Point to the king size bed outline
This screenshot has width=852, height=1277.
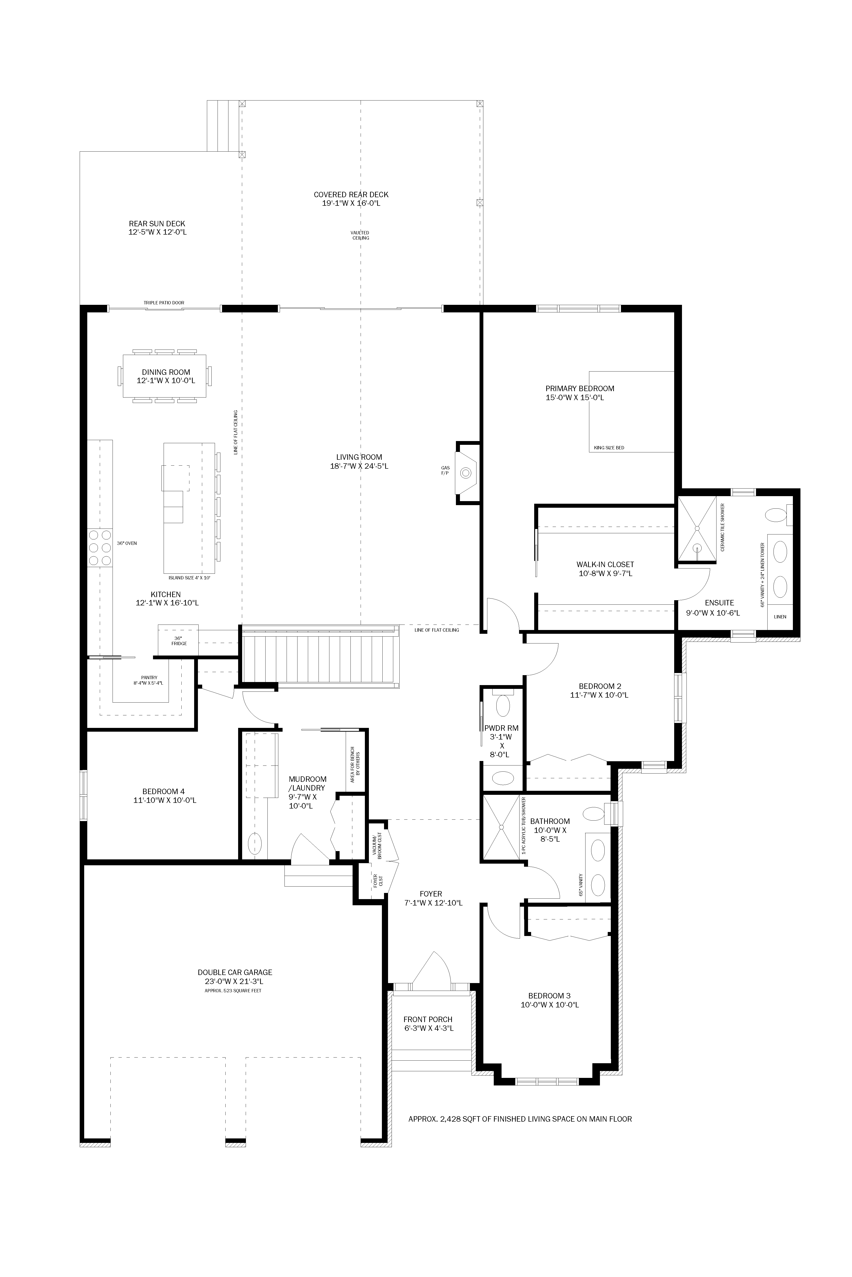click(631, 411)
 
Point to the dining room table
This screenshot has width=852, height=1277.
click(165, 376)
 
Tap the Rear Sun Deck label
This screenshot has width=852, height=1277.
click(157, 228)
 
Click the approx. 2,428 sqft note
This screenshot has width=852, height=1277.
click(520, 1130)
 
